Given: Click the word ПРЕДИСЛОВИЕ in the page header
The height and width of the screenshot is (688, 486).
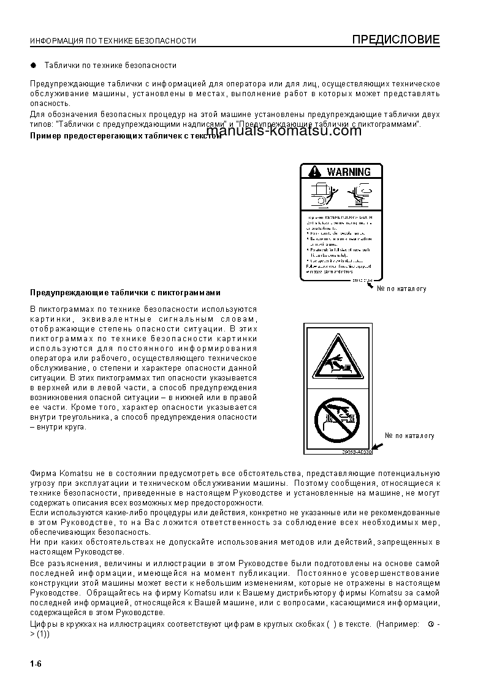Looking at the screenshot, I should [x=395, y=40].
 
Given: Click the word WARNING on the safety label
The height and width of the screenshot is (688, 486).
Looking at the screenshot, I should [x=349, y=172].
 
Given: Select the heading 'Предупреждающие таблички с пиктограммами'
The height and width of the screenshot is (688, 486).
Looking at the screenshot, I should [x=125, y=293].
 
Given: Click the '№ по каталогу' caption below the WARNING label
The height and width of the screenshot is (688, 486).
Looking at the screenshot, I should [x=401, y=289].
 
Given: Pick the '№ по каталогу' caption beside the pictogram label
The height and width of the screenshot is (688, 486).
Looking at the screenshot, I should [x=409, y=436].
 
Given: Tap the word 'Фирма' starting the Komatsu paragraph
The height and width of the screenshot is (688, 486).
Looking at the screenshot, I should [x=43, y=474].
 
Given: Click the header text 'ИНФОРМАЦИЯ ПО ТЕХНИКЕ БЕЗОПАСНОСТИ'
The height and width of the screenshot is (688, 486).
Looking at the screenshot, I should [x=113, y=41].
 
